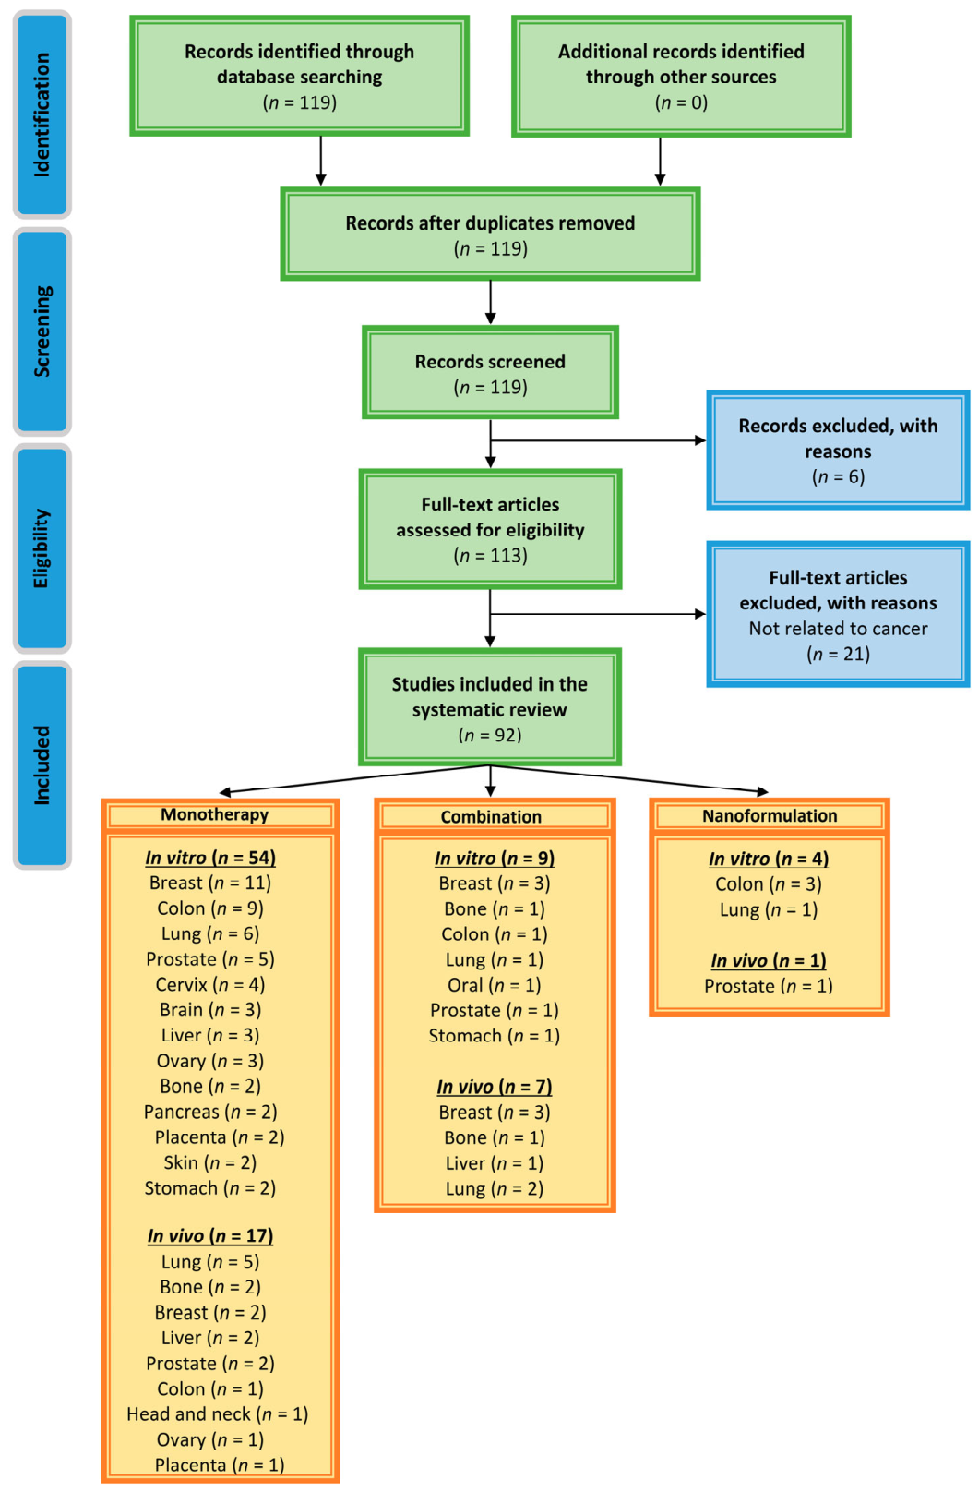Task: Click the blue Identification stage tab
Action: (x=42, y=114)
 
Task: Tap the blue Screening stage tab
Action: (x=42, y=331)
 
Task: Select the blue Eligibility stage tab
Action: (x=42, y=548)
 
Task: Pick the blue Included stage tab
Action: (x=42, y=764)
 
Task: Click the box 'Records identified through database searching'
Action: (x=300, y=76)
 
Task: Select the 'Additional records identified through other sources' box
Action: (x=681, y=76)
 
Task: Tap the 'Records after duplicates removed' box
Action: (x=490, y=235)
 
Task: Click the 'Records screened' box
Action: (x=490, y=372)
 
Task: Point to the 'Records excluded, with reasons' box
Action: (x=838, y=450)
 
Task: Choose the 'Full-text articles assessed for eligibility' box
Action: (x=490, y=529)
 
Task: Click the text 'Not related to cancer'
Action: (x=838, y=628)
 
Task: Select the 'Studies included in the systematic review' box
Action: (x=490, y=707)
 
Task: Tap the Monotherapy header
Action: (x=221, y=815)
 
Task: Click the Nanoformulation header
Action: (x=770, y=816)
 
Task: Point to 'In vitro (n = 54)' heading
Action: (x=210, y=857)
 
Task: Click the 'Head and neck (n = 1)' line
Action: (x=218, y=1414)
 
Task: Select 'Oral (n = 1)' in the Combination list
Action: (x=494, y=984)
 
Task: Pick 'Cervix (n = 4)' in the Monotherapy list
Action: (x=210, y=984)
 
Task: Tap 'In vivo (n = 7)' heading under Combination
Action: (x=494, y=1087)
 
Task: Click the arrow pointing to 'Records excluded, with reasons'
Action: (x=598, y=440)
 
